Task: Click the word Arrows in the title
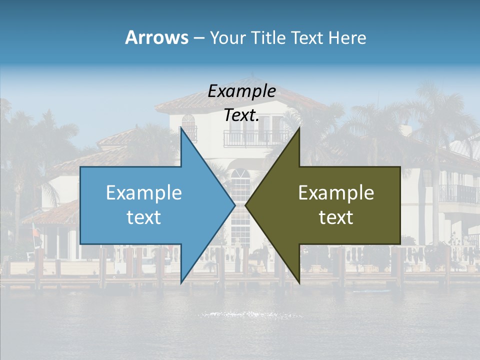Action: (156, 37)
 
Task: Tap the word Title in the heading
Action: (267, 37)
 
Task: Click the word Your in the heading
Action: (228, 37)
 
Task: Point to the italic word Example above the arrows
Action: (241, 91)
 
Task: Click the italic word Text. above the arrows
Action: (241, 115)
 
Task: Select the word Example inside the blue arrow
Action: (143, 192)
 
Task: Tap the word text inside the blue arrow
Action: (143, 217)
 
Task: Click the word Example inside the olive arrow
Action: (336, 192)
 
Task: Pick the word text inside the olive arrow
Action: (336, 217)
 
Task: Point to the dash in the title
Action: (198, 38)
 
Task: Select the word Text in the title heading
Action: (307, 37)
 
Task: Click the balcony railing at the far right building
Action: (457, 194)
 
